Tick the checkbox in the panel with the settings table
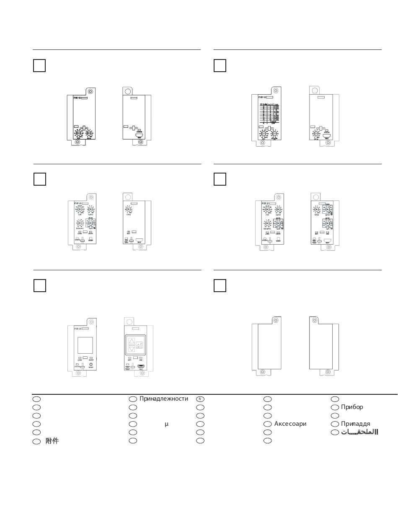pyautogui.click(x=220, y=66)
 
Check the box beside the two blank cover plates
pyautogui.click(x=220, y=286)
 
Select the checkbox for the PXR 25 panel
pyautogui.click(x=39, y=286)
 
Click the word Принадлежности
pyautogui.click(x=164, y=399)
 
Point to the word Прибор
pyautogui.click(x=352, y=407)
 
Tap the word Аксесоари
pyautogui.click(x=290, y=424)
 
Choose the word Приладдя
pyautogui.click(x=355, y=424)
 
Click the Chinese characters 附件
pyautogui.click(x=52, y=441)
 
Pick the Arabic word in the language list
pyautogui.click(x=359, y=432)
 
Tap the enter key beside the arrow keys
pyautogui.click(x=140, y=345)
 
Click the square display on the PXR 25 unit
pyautogui.click(x=85, y=345)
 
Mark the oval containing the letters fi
pyautogui.click(x=200, y=399)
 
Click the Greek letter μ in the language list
pyautogui.click(x=166, y=424)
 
